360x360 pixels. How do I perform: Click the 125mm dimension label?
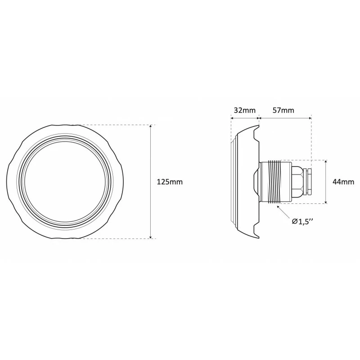(x=170, y=182)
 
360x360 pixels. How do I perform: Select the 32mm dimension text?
(x=244, y=110)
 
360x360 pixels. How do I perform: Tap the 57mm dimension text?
(x=283, y=110)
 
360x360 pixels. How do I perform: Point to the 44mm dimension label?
(x=343, y=182)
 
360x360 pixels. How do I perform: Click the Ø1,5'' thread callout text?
(x=302, y=221)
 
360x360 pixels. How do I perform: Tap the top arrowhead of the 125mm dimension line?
(x=151, y=127)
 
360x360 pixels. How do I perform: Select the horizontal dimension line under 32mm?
(x=244, y=118)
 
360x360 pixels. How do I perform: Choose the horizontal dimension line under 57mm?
(x=285, y=118)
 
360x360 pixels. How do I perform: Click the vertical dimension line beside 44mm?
(x=326, y=182)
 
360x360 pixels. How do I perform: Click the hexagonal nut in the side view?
(x=297, y=182)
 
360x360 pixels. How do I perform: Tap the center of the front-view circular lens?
(x=65, y=182)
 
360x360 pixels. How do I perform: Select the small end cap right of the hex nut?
(x=308, y=182)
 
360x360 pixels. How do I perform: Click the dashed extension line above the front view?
(x=117, y=125)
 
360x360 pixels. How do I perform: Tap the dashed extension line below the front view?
(x=117, y=239)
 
